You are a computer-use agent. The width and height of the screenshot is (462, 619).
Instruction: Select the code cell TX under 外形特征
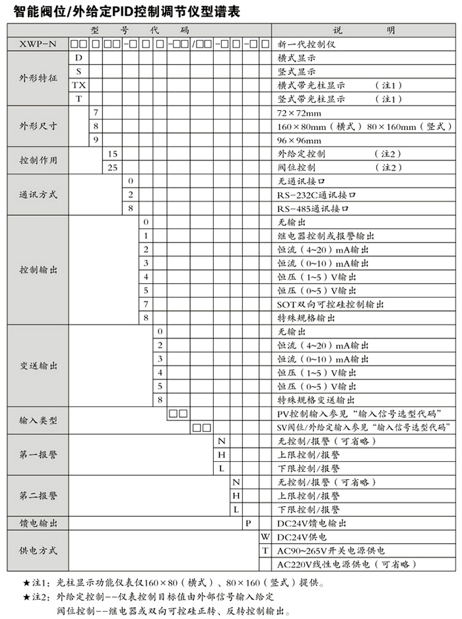[x=79, y=85]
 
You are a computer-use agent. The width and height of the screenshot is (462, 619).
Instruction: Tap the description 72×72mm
[x=299, y=113]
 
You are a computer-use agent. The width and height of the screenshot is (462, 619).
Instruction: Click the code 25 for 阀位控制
[x=112, y=168]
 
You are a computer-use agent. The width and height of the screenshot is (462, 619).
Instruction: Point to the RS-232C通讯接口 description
[x=317, y=195]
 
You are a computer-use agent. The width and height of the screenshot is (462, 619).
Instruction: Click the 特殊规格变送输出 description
[x=317, y=400]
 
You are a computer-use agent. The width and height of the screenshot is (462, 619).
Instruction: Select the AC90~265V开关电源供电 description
[x=331, y=550]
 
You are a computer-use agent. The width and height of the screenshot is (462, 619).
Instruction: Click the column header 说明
[x=365, y=30]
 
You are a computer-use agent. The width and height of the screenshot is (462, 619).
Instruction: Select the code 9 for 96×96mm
[x=95, y=140]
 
